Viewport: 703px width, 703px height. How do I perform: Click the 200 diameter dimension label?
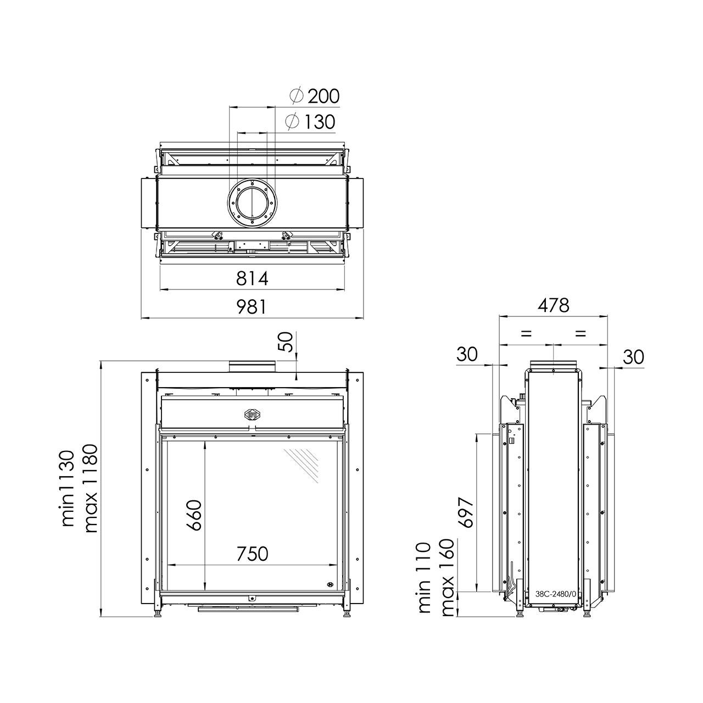[315, 96]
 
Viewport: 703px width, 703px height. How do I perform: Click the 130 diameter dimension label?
[310, 121]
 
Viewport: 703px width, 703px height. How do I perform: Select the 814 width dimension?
[252, 278]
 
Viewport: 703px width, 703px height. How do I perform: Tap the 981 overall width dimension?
[252, 306]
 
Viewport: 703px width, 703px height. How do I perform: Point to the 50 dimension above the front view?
[287, 342]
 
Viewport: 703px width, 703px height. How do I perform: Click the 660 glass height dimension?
[194, 515]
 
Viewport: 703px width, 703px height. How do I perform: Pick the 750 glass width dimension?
[252, 554]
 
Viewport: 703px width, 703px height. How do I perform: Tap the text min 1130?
[68, 488]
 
